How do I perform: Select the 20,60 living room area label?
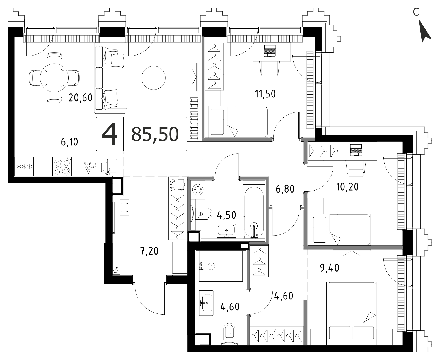[x=81, y=98]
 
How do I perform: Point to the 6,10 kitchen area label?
[x=69, y=142]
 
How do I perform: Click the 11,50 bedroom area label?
[x=265, y=94]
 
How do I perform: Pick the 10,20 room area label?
[x=347, y=187]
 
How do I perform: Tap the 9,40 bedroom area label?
[x=330, y=268]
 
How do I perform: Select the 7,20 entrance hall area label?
[x=149, y=251]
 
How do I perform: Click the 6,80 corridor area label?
[x=285, y=189]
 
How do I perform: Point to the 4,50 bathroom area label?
[x=227, y=215]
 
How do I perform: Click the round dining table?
[x=54, y=78]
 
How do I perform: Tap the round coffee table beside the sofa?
[x=154, y=78]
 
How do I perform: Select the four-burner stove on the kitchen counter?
[x=62, y=167]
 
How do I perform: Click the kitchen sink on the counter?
[x=109, y=167]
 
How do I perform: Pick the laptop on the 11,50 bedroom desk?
[x=270, y=51]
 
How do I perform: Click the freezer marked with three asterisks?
[x=24, y=167]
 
